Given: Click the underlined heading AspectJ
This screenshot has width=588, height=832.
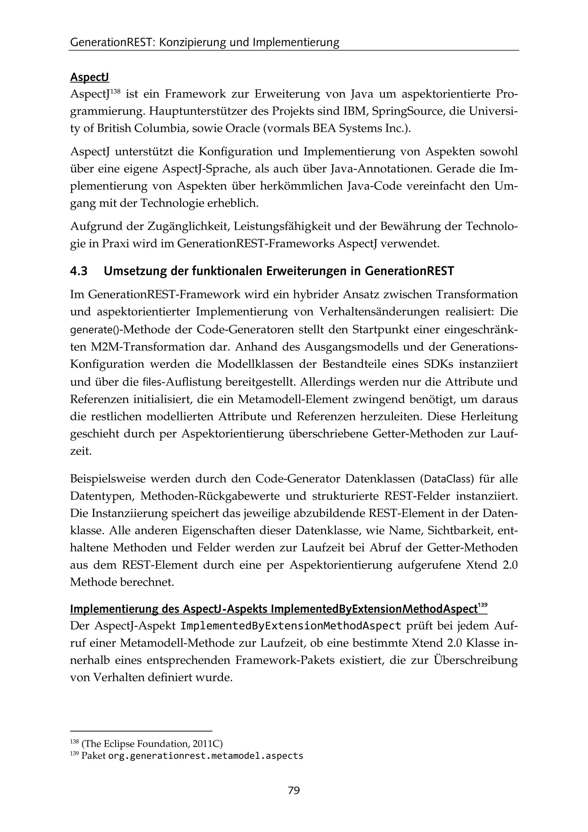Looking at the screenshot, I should [x=89, y=78].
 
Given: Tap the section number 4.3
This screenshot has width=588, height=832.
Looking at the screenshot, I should [x=79, y=271].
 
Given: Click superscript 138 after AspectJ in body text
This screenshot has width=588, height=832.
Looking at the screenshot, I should [x=115, y=91].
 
